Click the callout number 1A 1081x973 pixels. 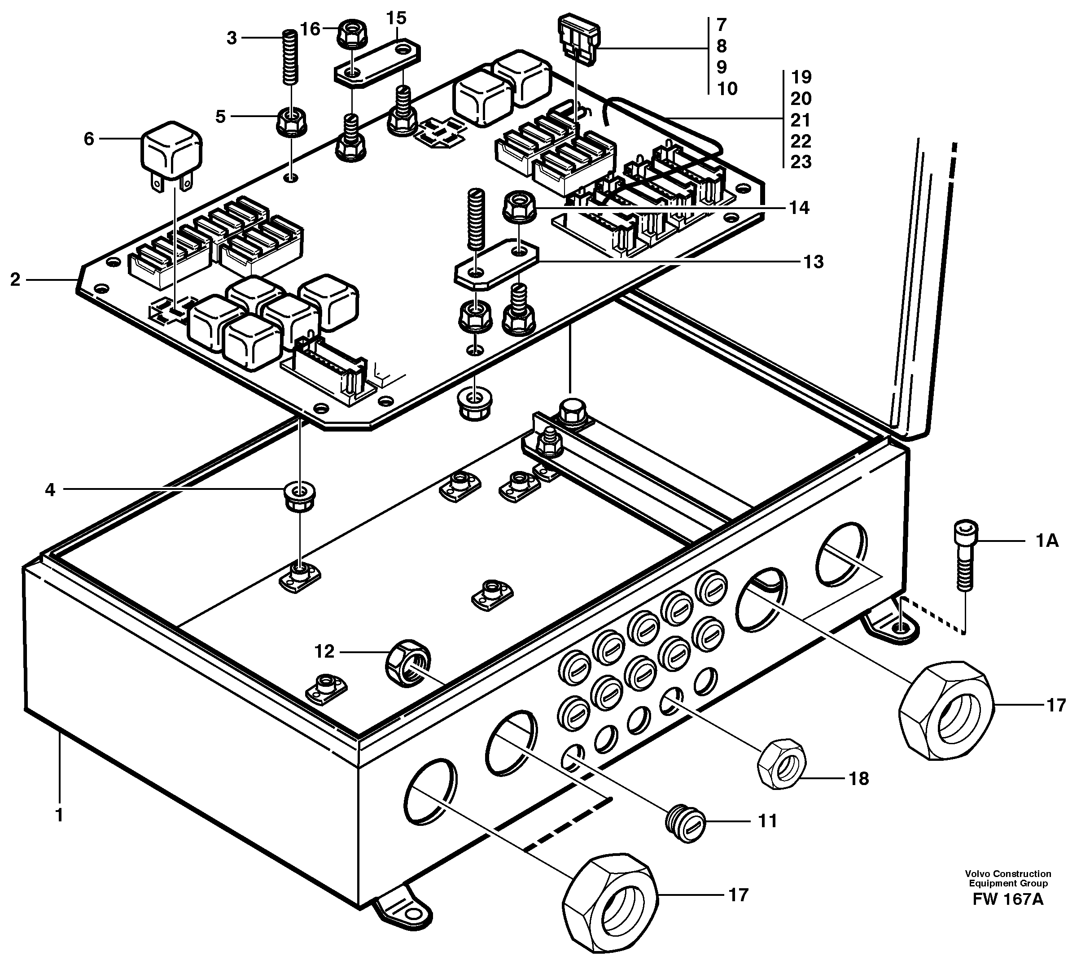[x=1046, y=541]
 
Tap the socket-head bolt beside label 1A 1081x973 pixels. [x=965, y=556]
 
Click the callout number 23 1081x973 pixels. [x=800, y=161]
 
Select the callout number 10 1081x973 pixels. [x=727, y=88]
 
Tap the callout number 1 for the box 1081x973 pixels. [x=59, y=815]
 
